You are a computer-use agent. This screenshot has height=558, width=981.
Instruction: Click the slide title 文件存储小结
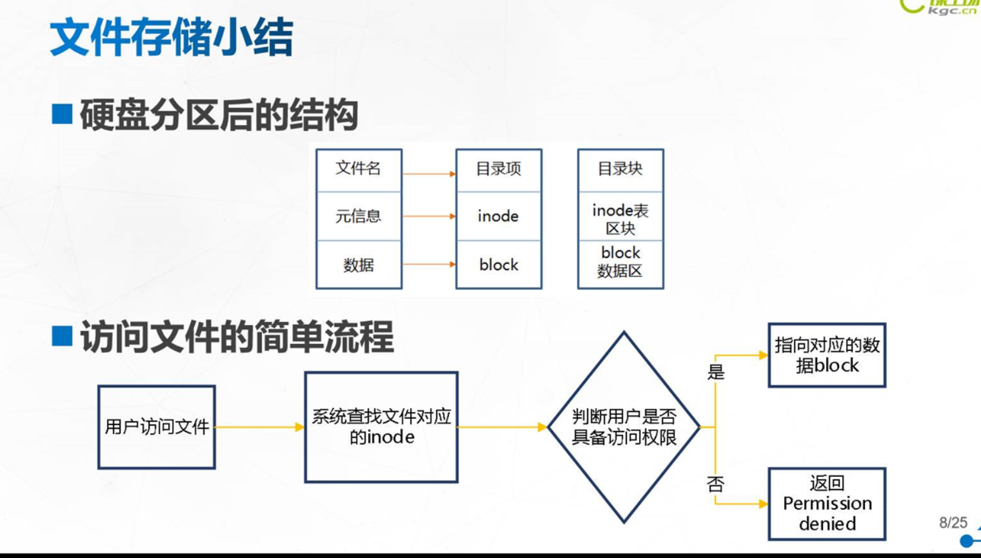tap(171, 37)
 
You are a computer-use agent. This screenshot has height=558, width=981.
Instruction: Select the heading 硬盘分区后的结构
tap(219, 115)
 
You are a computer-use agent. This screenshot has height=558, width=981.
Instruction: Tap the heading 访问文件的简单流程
tap(236, 337)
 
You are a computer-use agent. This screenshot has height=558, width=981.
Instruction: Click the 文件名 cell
tap(359, 170)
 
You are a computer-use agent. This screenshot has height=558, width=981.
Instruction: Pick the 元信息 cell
tap(359, 216)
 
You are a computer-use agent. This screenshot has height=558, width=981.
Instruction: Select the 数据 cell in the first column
tap(359, 265)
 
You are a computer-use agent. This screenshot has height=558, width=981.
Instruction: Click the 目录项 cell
tap(499, 170)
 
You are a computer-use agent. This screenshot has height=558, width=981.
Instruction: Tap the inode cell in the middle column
tap(499, 216)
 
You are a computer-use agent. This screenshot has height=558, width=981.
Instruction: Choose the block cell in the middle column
tap(499, 265)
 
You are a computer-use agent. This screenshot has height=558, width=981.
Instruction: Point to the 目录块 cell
tap(620, 170)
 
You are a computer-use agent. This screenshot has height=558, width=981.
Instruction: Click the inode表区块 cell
tap(620, 219)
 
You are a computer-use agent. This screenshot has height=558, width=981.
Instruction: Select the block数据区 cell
tap(620, 262)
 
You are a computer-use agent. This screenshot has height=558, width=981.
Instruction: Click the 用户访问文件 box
tap(157, 427)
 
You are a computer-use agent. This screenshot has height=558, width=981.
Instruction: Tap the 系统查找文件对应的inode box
tap(381, 427)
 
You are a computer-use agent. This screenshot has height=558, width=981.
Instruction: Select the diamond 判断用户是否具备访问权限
tap(624, 427)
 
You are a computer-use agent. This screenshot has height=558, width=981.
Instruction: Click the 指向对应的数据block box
tap(827, 355)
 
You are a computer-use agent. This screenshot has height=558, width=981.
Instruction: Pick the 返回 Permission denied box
tap(827, 504)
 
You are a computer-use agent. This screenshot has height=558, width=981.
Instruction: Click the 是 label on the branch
tap(716, 372)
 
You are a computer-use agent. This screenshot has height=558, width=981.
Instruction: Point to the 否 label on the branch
tap(716, 484)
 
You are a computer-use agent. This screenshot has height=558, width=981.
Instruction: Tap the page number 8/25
tap(953, 523)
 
